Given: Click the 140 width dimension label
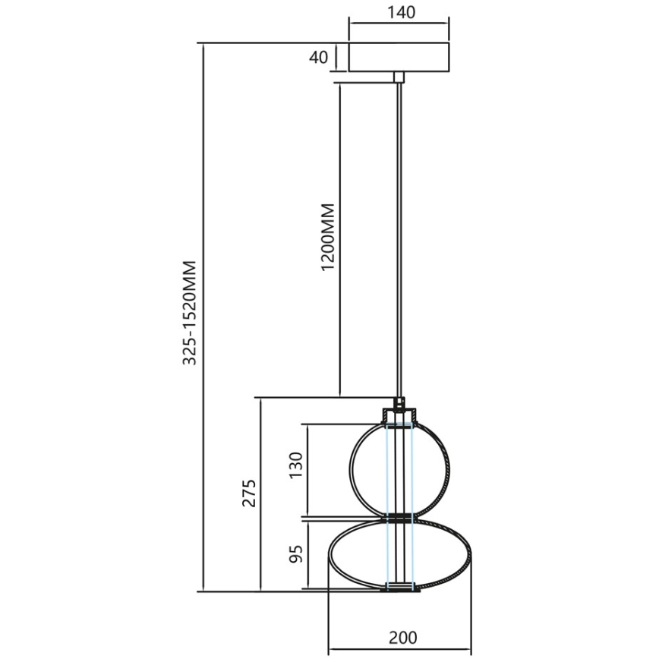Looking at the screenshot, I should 398,13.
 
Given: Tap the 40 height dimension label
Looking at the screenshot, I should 319,57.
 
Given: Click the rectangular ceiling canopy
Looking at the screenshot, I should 399,57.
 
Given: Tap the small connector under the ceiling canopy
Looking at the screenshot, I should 399,76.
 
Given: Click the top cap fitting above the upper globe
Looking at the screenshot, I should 399,415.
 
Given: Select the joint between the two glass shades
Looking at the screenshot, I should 399,518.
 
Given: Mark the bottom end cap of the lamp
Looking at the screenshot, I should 399,586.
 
